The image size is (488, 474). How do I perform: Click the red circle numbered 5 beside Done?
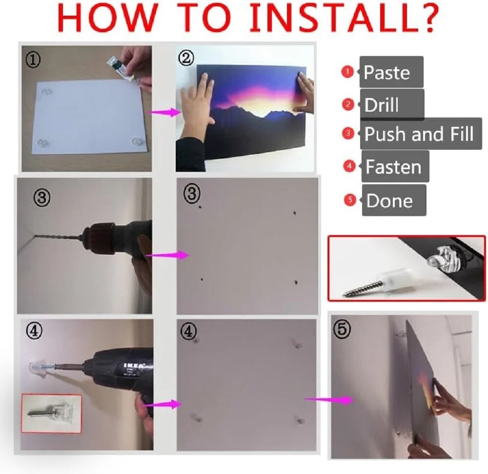coord(350,200)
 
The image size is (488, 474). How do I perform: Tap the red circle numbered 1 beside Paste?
coord(347,72)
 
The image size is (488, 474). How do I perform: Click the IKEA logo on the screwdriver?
coord(134,365)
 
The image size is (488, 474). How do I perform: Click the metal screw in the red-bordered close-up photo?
coord(363,287)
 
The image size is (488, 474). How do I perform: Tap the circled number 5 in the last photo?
coord(342,329)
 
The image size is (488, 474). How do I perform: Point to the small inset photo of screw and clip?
coord(52,414)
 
